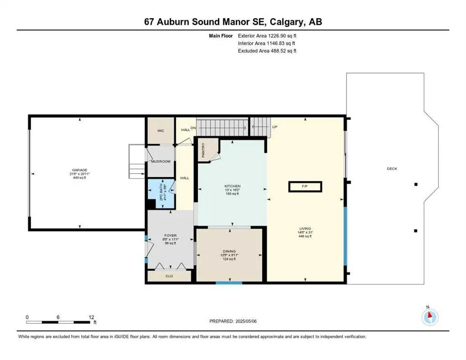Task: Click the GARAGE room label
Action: pos(80,170)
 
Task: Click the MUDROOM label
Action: pos(161,162)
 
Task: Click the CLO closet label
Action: pos(169,276)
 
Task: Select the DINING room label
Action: pos(229,252)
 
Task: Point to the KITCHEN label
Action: pos(232,186)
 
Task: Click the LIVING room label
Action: pos(305,229)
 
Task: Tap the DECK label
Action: pos(391,169)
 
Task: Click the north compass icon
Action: pos(429,316)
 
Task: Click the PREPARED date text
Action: pos(233,321)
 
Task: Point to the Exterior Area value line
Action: pos(266,36)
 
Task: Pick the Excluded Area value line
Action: pos(267,51)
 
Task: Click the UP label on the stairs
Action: pos(275,127)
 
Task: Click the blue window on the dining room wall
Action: pos(229,283)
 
